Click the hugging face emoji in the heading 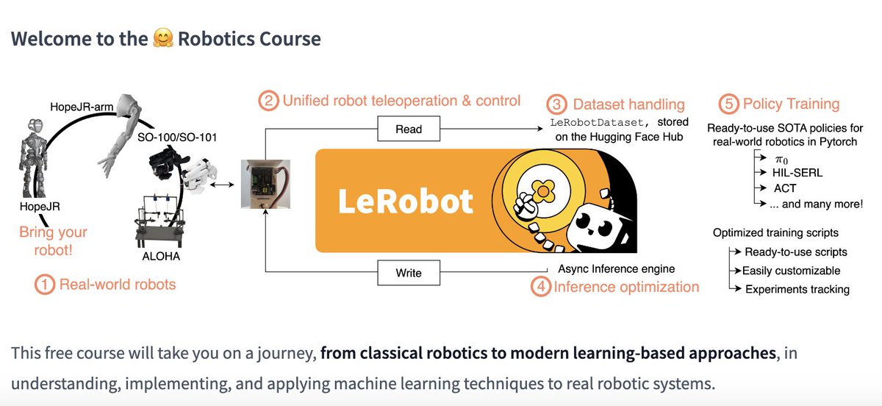[x=161, y=38]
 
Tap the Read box [x=409, y=129]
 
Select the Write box [x=409, y=273]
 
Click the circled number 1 [x=46, y=285]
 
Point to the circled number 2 [x=270, y=101]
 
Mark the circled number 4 [x=541, y=287]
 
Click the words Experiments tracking [x=797, y=289]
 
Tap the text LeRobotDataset [x=595, y=122]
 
